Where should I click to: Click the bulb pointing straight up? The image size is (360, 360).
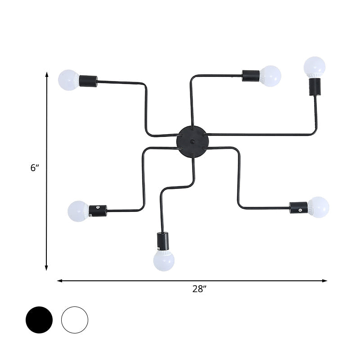coord(314,66)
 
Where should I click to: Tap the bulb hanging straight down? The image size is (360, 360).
coord(163,261)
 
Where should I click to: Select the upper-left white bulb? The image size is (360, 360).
coord(68,80)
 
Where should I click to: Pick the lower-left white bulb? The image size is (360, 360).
coord(78,211)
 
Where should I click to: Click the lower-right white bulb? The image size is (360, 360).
coord(319,207)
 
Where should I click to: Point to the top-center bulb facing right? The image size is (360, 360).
coord(270,76)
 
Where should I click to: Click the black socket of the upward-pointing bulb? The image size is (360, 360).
coord(315,87)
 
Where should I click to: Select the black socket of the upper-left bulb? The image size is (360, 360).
coord(88,81)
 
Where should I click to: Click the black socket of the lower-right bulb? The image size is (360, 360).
coord(298,207)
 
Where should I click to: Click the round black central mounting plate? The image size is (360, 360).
coord(192,141)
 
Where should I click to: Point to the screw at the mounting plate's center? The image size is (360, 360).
coord(192,141)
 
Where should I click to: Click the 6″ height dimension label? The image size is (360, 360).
coord(35,168)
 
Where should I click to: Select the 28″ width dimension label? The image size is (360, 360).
coord(198,289)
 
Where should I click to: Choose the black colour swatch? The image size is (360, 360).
coord(39,320)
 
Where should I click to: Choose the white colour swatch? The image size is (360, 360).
coord(75,320)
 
